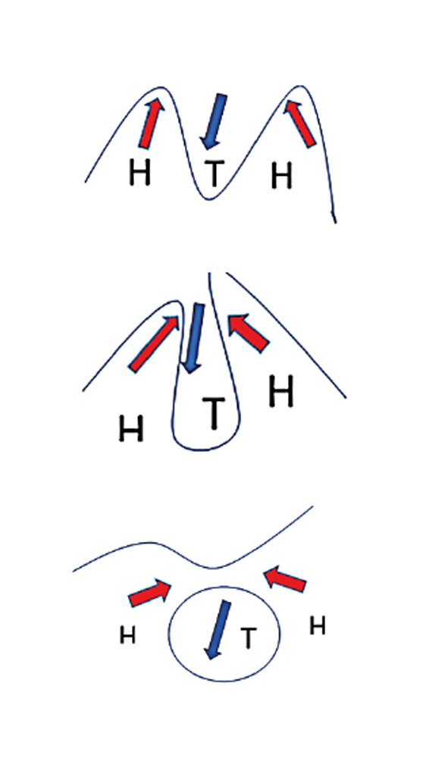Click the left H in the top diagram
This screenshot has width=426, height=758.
(x=139, y=173)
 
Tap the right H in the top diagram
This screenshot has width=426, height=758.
(x=281, y=176)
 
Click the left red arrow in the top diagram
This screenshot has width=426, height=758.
(x=152, y=123)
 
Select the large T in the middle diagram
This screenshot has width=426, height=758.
(x=213, y=413)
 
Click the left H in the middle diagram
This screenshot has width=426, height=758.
(x=131, y=430)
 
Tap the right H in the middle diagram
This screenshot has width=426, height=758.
(x=281, y=390)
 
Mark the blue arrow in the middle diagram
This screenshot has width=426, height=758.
(x=193, y=338)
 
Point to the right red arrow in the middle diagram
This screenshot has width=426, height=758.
(x=249, y=334)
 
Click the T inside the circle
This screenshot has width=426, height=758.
(x=248, y=638)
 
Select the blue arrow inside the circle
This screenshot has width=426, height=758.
(x=217, y=630)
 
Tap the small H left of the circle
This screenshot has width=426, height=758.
(x=127, y=635)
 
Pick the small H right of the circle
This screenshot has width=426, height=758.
(x=317, y=627)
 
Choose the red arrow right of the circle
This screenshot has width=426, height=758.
(x=285, y=578)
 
